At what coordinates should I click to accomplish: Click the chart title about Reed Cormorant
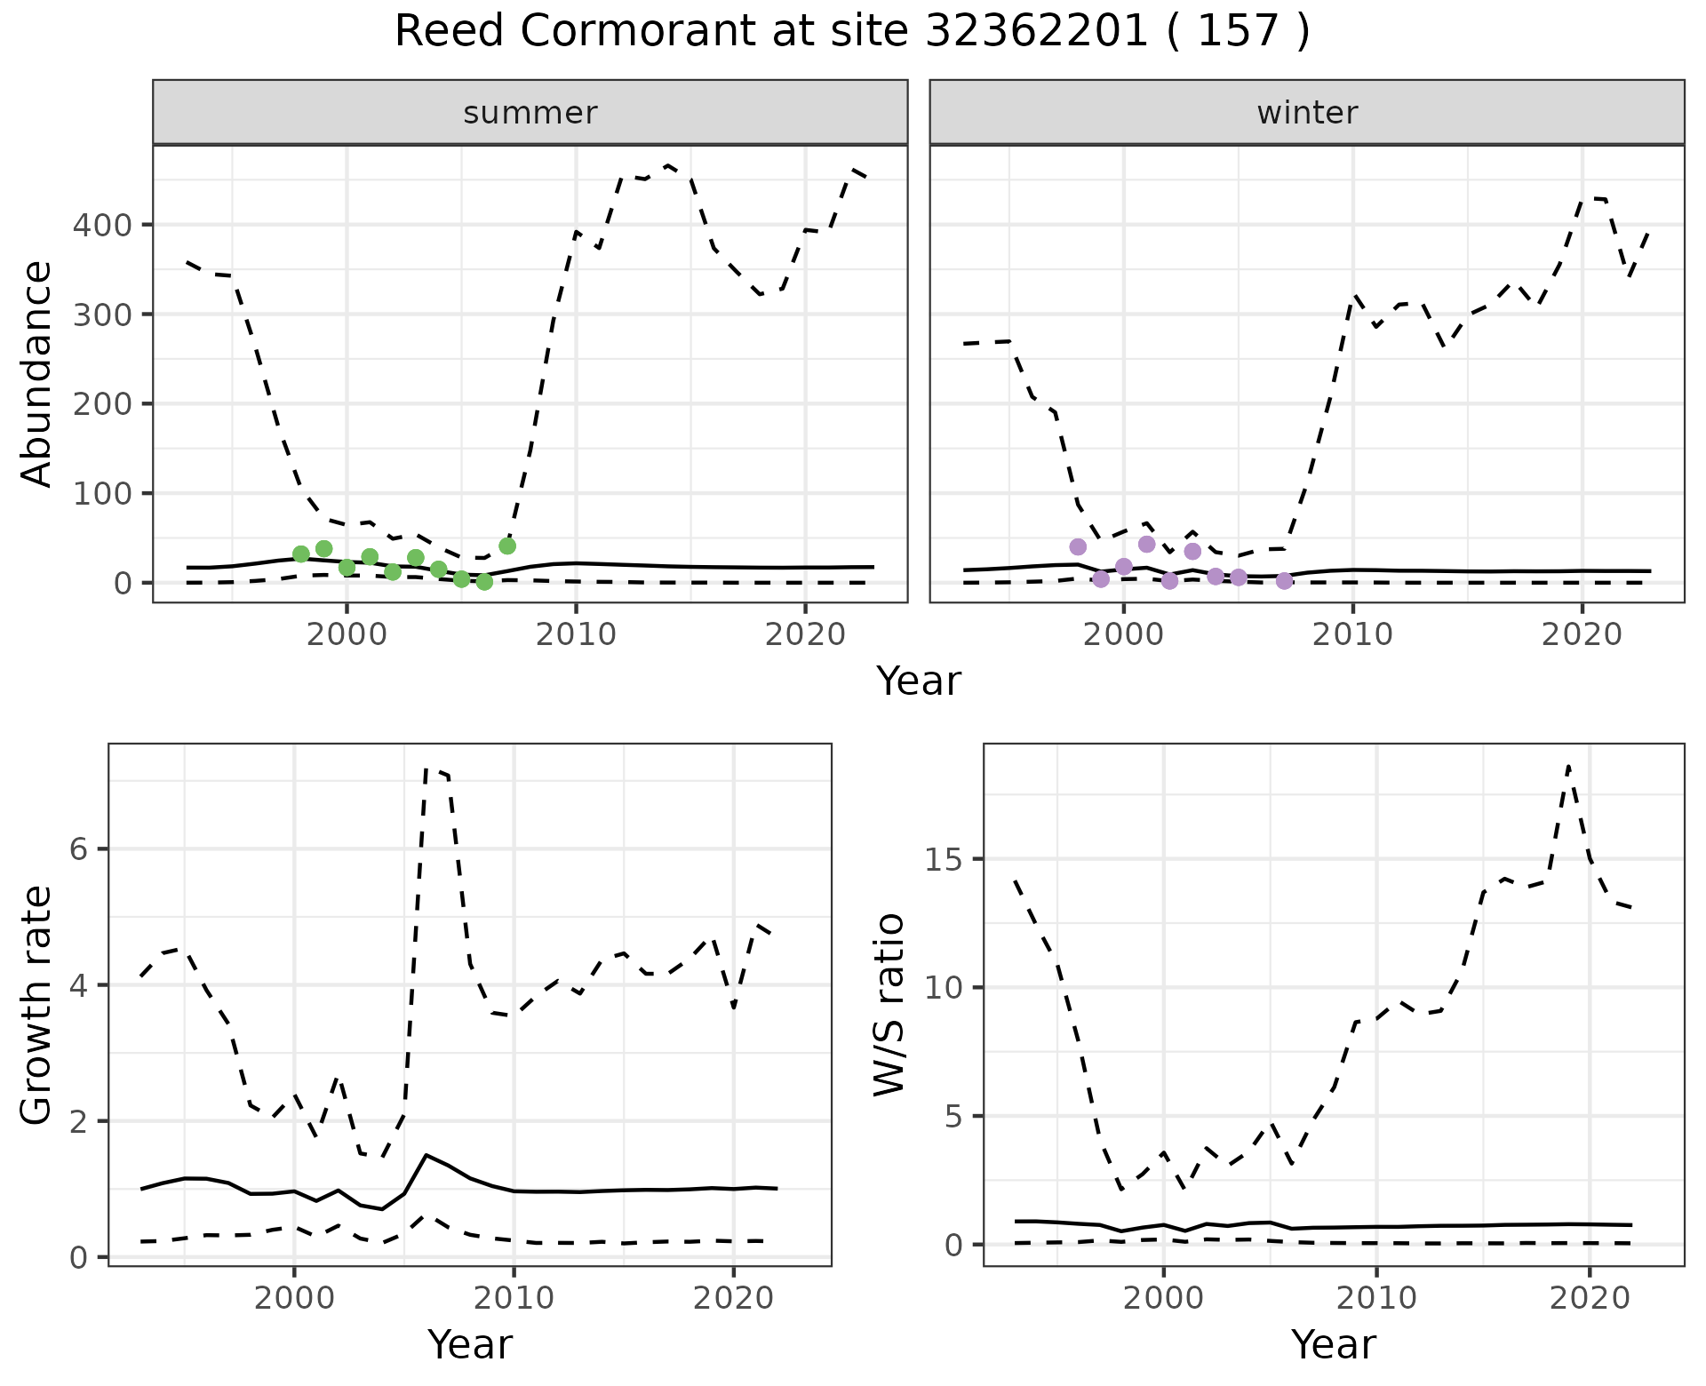(x=852, y=32)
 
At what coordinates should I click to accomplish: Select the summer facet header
(x=530, y=113)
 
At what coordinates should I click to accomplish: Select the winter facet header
(x=1307, y=113)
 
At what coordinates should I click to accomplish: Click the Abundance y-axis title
(x=37, y=373)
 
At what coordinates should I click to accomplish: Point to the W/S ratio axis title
(x=889, y=1004)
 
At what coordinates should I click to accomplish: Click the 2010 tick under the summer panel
(x=576, y=634)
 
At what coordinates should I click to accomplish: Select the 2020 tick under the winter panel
(x=1582, y=634)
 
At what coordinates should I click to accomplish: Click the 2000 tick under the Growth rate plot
(x=294, y=1298)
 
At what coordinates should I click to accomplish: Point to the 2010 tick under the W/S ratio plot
(x=1376, y=1298)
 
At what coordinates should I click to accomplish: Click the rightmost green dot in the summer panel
(x=507, y=546)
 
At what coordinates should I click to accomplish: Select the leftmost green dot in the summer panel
(x=301, y=554)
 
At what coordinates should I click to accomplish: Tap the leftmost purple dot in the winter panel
(x=1078, y=546)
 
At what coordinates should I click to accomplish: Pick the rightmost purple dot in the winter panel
(x=1284, y=581)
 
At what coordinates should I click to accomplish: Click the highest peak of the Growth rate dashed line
(x=427, y=769)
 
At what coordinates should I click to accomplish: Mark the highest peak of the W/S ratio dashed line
(x=1569, y=765)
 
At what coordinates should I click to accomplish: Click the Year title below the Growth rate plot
(x=470, y=1344)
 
